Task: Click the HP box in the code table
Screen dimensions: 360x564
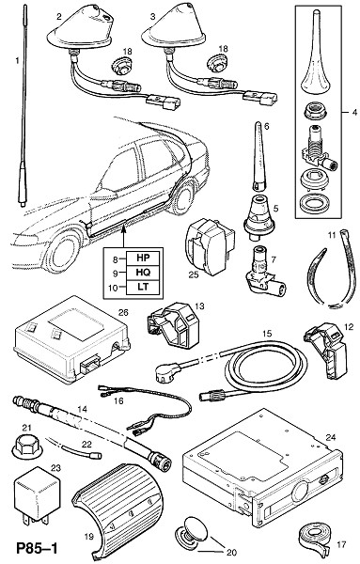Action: pos(143,258)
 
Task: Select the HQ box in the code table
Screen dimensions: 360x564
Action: pos(143,273)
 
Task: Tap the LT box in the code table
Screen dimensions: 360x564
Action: pos(143,287)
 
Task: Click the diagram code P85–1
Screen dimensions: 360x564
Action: pos(37,549)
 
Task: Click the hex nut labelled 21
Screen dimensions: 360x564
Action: pos(27,447)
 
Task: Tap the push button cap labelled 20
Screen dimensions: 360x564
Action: pos(193,531)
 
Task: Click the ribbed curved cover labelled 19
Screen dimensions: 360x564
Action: pos(117,509)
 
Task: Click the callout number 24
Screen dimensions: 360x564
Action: pos(330,437)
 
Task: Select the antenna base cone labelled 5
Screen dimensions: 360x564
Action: pos(258,218)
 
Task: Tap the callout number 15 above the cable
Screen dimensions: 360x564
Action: pos(267,334)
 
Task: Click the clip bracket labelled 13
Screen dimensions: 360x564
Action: pos(173,324)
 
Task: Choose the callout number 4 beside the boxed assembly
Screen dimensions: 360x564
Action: pos(354,113)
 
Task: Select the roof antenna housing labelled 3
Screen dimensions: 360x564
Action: pos(173,32)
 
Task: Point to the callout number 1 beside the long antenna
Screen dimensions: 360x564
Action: pos(17,60)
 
